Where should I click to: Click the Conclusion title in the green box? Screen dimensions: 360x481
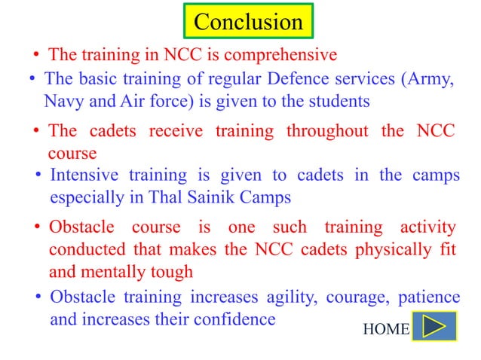pos(248,22)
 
